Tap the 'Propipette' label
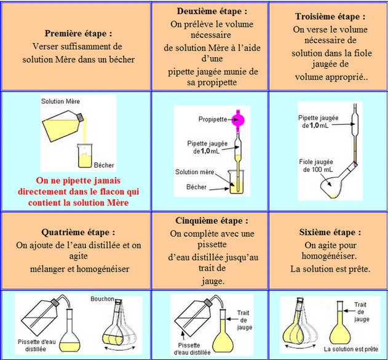(211, 118)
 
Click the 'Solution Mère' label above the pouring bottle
(61, 100)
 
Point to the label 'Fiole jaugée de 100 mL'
(316, 165)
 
